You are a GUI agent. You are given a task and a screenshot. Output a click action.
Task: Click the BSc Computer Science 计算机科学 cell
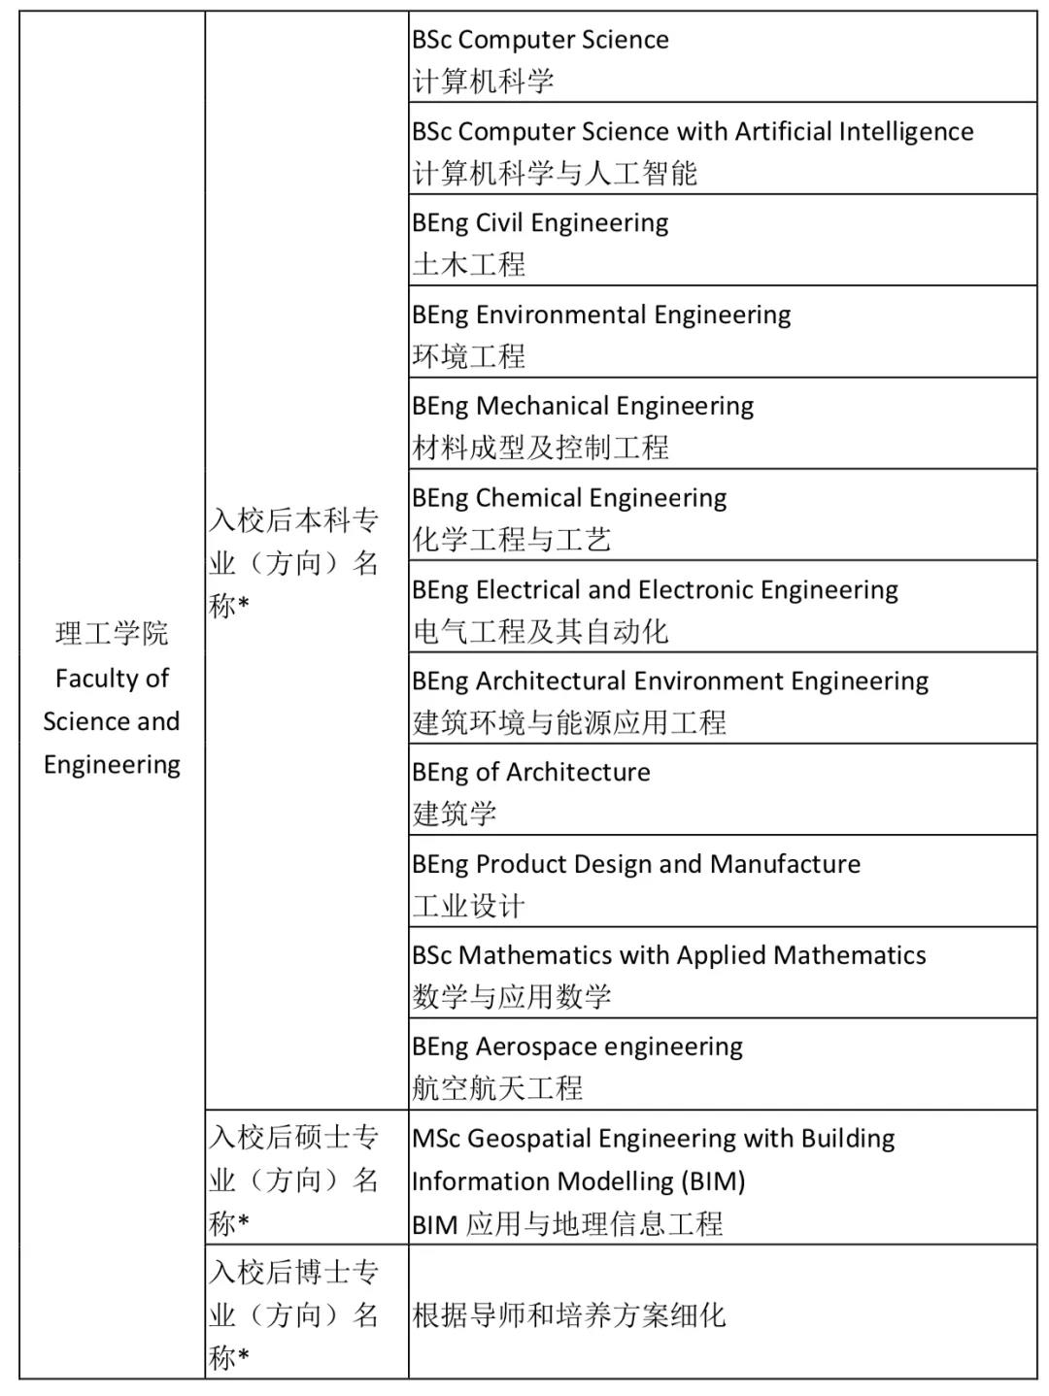[723, 58]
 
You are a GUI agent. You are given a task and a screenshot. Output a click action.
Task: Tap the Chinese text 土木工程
[469, 264]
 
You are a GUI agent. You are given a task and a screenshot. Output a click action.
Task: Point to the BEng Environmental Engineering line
[601, 315]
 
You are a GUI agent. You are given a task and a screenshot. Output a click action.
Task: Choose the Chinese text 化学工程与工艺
[512, 540]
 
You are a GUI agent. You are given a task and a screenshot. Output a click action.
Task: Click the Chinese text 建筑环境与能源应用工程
[569, 722]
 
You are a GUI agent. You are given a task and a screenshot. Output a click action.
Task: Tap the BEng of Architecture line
[531, 773]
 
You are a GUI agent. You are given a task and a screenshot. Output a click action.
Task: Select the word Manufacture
[785, 864]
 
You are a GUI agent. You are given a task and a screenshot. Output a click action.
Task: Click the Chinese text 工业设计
[469, 906]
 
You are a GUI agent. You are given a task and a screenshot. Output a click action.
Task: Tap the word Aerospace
[524, 1047]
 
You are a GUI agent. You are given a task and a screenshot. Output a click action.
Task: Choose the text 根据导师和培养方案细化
[569, 1315]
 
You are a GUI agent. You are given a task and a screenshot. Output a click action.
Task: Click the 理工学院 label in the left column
[112, 634]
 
